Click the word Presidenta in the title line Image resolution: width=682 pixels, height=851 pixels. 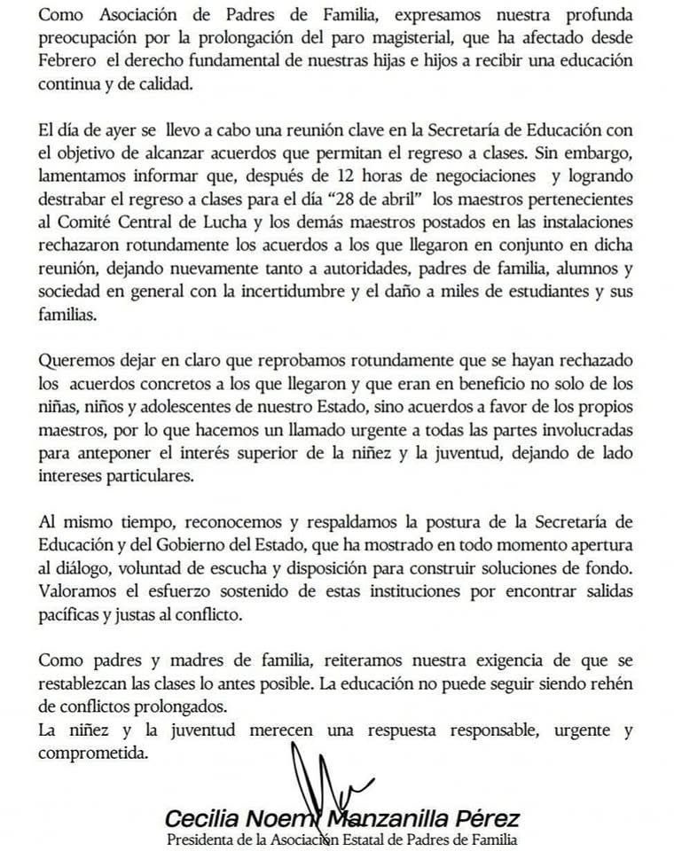[206, 839]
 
